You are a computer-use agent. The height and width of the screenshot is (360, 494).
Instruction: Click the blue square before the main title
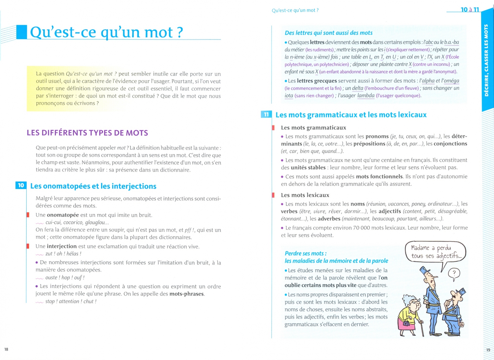[x=22, y=32]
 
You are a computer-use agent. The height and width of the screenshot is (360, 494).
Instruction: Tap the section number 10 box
[x=21, y=185]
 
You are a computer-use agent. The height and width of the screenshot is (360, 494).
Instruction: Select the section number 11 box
[x=266, y=115]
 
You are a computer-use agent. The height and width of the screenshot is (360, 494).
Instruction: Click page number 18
[x=6, y=349]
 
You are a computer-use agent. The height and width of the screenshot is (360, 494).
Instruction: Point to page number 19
[x=488, y=350]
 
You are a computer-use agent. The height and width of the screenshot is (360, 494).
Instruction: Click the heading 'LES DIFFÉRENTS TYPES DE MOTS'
[x=87, y=133]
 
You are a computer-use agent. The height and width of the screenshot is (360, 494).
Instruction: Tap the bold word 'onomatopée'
[x=63, y=215]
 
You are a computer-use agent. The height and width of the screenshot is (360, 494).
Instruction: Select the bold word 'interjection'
[x=62, y=246]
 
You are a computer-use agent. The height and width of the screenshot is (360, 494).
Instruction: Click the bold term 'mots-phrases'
[x=186, y=294]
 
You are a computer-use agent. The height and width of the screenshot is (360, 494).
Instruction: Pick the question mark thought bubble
[x=454, y=274]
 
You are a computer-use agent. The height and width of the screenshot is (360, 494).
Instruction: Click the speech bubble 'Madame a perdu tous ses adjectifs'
[x=435, y=252]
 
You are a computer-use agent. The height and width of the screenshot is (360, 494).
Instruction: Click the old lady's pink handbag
[x=407, y=323]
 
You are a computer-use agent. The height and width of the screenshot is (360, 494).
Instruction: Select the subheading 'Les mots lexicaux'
[x=305, y=195]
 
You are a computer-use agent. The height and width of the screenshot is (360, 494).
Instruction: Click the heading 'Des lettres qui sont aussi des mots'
[x=328, y=33]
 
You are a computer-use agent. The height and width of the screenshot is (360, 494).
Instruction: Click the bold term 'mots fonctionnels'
[x=379, y=176]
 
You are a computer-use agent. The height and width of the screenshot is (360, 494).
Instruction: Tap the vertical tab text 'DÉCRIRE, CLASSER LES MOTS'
[x=486, y=60]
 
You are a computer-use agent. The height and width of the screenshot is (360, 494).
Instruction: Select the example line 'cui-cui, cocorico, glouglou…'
[x=77, y=222]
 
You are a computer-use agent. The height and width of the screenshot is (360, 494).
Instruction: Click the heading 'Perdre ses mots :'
[x=305, y=253]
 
